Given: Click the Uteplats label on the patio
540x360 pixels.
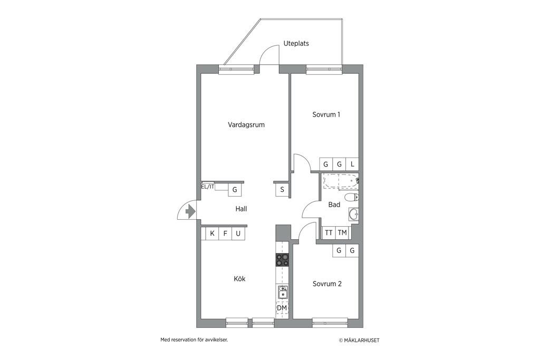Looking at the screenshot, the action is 296,44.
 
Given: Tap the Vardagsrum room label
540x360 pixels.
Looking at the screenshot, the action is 246,125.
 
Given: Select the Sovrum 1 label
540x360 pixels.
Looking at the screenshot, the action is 326,114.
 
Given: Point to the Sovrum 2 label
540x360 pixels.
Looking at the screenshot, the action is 327,284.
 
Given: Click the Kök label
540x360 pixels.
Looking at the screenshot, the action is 240,279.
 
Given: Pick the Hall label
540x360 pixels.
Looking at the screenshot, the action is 241,209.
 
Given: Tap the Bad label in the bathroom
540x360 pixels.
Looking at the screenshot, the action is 334,205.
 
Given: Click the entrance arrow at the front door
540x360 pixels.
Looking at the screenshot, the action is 190,211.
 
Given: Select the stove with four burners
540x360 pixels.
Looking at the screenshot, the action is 282,260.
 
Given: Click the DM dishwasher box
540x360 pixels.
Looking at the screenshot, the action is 282,308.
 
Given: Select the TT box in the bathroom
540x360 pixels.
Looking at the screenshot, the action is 329,233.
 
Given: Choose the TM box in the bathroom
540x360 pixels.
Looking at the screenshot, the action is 342,233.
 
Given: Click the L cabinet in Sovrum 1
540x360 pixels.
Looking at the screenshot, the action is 352,164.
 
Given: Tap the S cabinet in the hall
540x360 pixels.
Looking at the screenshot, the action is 282,190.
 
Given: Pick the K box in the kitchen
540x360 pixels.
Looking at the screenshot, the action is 212,233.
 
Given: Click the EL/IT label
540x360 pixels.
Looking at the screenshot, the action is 208,187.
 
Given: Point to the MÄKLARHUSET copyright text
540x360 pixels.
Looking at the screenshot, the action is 359,340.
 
